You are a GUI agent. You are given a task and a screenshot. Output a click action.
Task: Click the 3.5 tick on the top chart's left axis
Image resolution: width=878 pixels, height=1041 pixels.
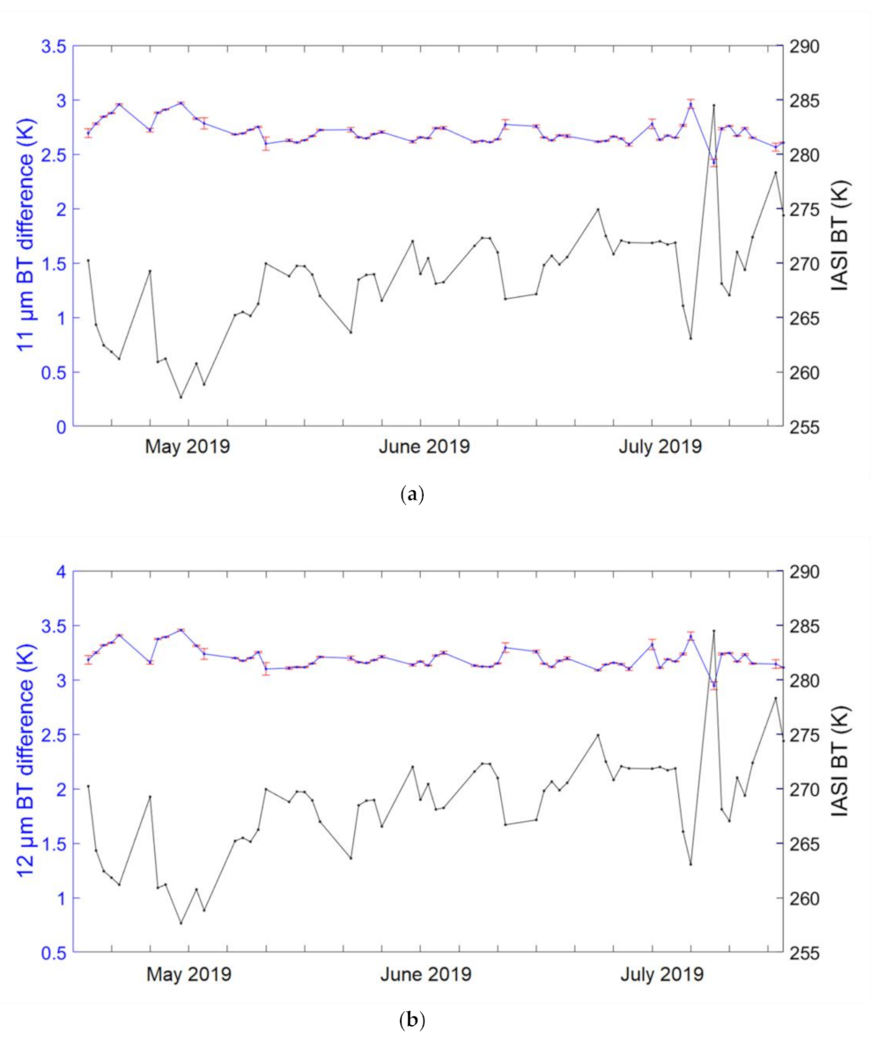pyautogui.click(x=55, y=47)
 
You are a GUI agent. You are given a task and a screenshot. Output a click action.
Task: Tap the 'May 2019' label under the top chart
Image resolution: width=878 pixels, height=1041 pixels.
pyautogui.click(x=188, y=447)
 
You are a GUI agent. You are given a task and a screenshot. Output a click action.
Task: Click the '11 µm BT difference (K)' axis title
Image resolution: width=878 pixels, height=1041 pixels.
pyautogui.click(x=26, y=236)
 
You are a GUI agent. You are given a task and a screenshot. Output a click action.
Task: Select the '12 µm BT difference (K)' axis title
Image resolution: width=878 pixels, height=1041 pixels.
pyautogui.click(x=26, y=762)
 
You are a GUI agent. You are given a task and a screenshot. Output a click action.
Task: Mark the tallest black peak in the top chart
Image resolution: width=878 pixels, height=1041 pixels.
pyautogui.click(x=713, y=106)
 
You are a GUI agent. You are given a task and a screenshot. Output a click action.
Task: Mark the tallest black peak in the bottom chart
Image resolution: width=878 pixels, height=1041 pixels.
pyautogui.click(x=713, y=631)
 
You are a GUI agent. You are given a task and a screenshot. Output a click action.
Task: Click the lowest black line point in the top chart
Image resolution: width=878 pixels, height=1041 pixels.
pyautogui.click(x=181, y=397)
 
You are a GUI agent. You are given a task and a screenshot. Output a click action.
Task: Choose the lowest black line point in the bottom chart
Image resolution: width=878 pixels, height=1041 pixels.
pyautogui.click(x=181, y=923)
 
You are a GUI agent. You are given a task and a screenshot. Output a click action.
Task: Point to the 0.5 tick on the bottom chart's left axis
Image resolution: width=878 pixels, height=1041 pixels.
pyautogui.click(x=55, y=953)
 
